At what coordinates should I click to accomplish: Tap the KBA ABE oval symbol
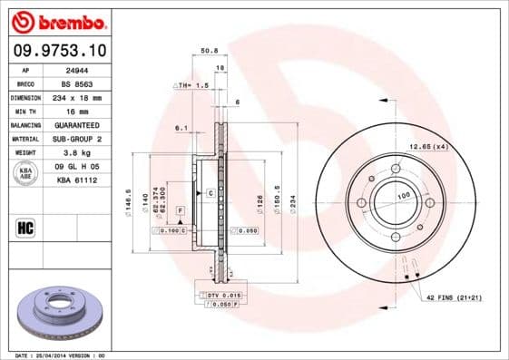click(25, 173)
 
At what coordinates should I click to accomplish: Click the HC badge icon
click(25, 227)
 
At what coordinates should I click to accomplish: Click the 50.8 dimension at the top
click(208, 51)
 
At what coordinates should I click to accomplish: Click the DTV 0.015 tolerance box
click(218, 297)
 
